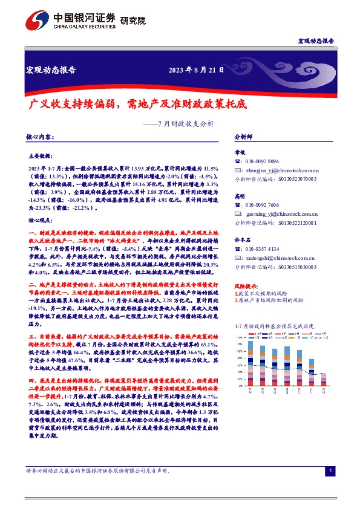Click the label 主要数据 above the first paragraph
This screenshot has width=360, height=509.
(41, 155)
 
